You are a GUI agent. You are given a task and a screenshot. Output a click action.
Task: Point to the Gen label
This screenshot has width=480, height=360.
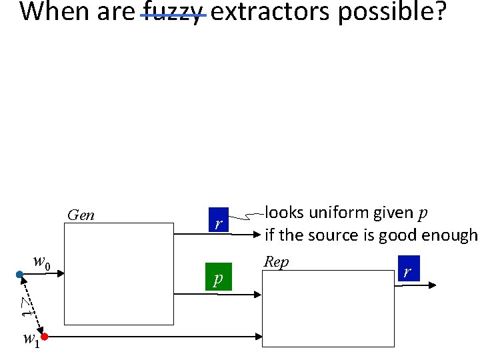pos(81,215)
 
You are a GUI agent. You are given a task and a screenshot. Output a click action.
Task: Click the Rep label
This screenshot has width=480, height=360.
pos(276,262)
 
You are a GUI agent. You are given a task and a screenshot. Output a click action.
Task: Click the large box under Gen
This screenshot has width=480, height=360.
pos(118,273)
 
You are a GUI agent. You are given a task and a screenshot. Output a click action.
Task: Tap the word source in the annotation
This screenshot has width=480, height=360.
pos(347,235)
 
